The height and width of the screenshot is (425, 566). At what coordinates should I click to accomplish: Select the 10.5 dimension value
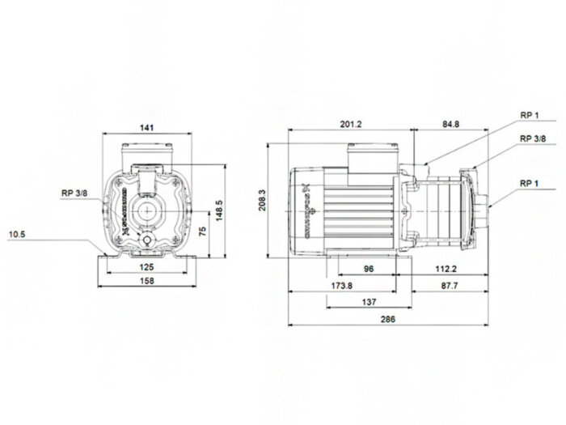click(x=18, y=235)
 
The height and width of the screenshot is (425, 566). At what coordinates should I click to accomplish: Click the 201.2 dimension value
click(x=351, y=124)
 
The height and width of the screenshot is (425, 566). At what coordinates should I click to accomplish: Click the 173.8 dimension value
click(x=343, y=287)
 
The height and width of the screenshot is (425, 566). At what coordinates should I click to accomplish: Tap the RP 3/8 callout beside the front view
click(x=74, y=193)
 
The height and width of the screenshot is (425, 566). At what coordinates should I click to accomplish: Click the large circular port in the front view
click(x=148, y=212)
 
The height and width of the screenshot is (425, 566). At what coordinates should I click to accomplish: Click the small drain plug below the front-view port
click(x=148, y=242)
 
